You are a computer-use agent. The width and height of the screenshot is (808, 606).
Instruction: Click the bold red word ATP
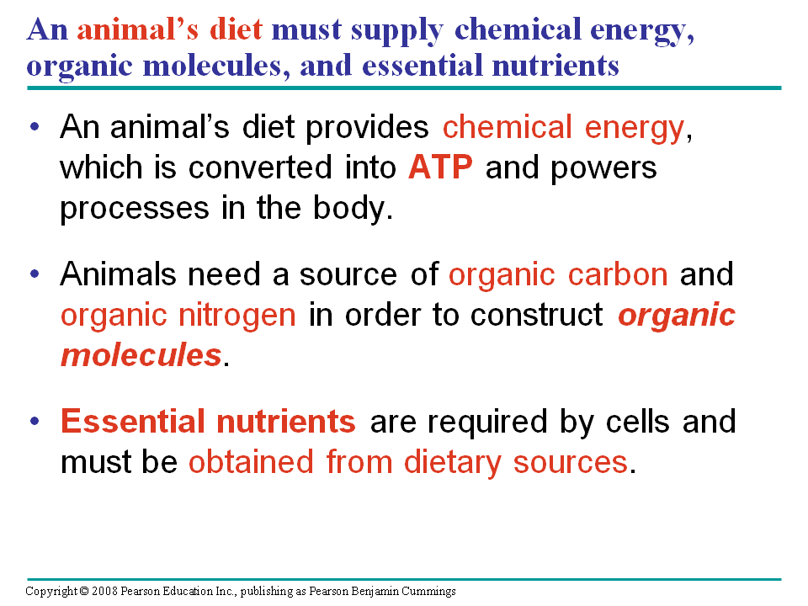pyautogui.click(x=440, y=167)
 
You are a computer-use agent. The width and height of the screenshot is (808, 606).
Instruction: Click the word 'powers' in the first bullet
pyautogui.click(x=603, y=167)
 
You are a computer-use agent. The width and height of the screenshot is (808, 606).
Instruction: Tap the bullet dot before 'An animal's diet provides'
pyautogui.click(x=34, y=128)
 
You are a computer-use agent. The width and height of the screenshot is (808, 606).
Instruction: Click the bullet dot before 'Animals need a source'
pyautogui.click(x=34, y=274)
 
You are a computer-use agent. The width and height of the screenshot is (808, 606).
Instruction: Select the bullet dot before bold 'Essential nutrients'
pyautogui.click(x=34, y=421)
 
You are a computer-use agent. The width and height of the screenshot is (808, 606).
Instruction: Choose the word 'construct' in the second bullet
pyautogui.click(x=536, y=315)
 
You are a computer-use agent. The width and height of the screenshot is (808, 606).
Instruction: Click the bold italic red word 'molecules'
pyautogui.click(x=141, y=355)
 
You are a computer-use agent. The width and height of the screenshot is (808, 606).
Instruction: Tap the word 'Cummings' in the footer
pyautogui.click(x=430, y=592)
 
